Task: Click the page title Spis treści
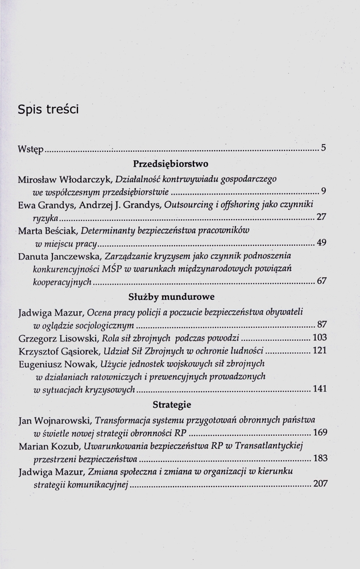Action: click(48, 110)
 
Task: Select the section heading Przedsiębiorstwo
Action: click(171, 164)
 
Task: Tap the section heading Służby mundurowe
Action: click(171, 296)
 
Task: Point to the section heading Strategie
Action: click(171, 405)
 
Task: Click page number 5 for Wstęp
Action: click(323, 150)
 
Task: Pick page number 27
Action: click(321, 217)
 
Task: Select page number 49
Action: click(321, 244)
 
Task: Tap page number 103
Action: click(319, 337)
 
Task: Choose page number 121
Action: click(319, 351)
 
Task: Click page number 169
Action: click(319, 432)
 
